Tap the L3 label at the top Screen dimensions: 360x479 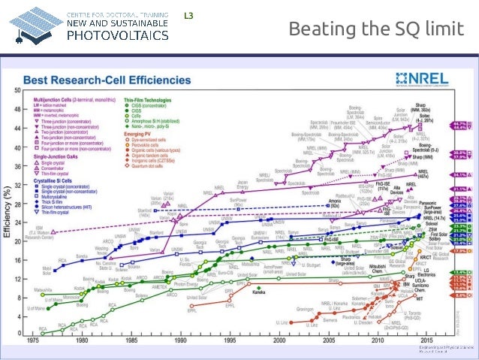point(189,14)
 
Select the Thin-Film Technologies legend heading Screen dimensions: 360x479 point(146,98)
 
